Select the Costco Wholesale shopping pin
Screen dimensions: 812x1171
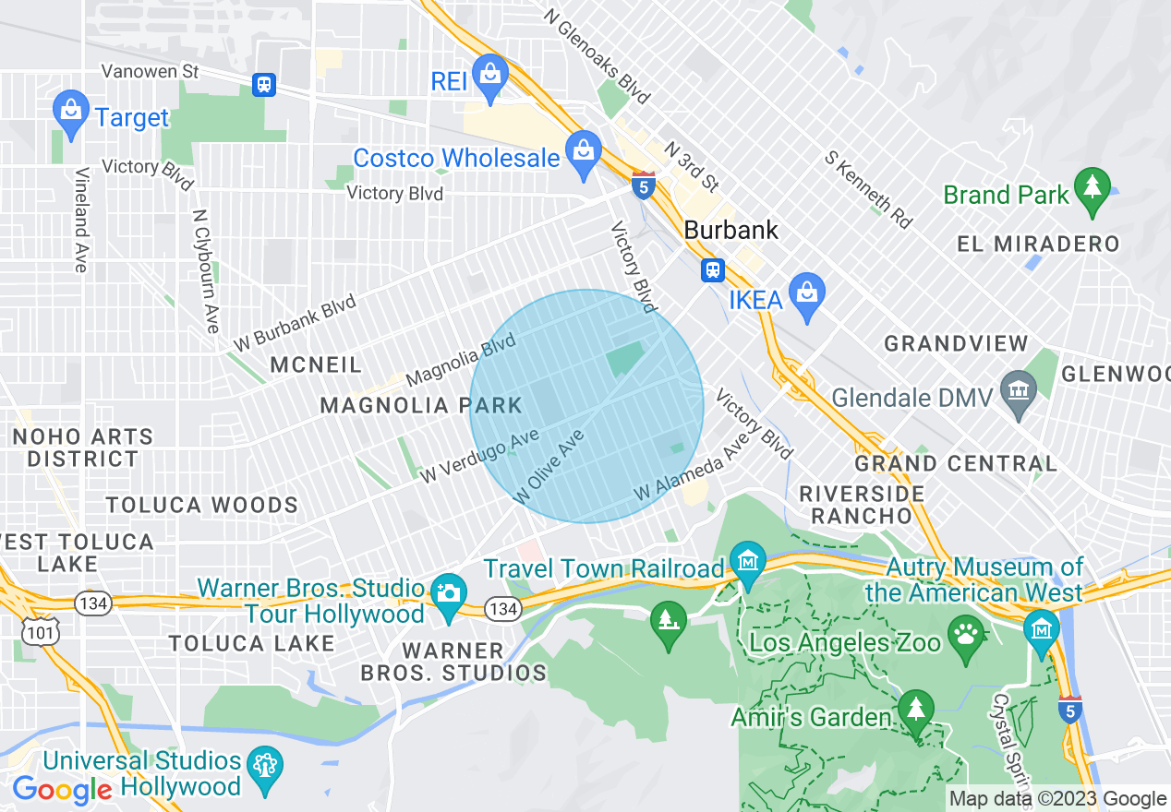[x=583, y=152]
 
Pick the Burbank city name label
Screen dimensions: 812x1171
[x=731, y=230]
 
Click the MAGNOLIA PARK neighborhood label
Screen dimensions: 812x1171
[x=421, y=405]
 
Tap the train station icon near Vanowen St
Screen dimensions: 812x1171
[x=264, y=85]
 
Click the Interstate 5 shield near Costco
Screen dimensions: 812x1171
[x=644, y=184]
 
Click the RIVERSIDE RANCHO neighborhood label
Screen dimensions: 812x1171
[x=862, y=504]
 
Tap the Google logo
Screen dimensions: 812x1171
[x=62, y=790]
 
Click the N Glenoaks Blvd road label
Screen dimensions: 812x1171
[x=597, y=57]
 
